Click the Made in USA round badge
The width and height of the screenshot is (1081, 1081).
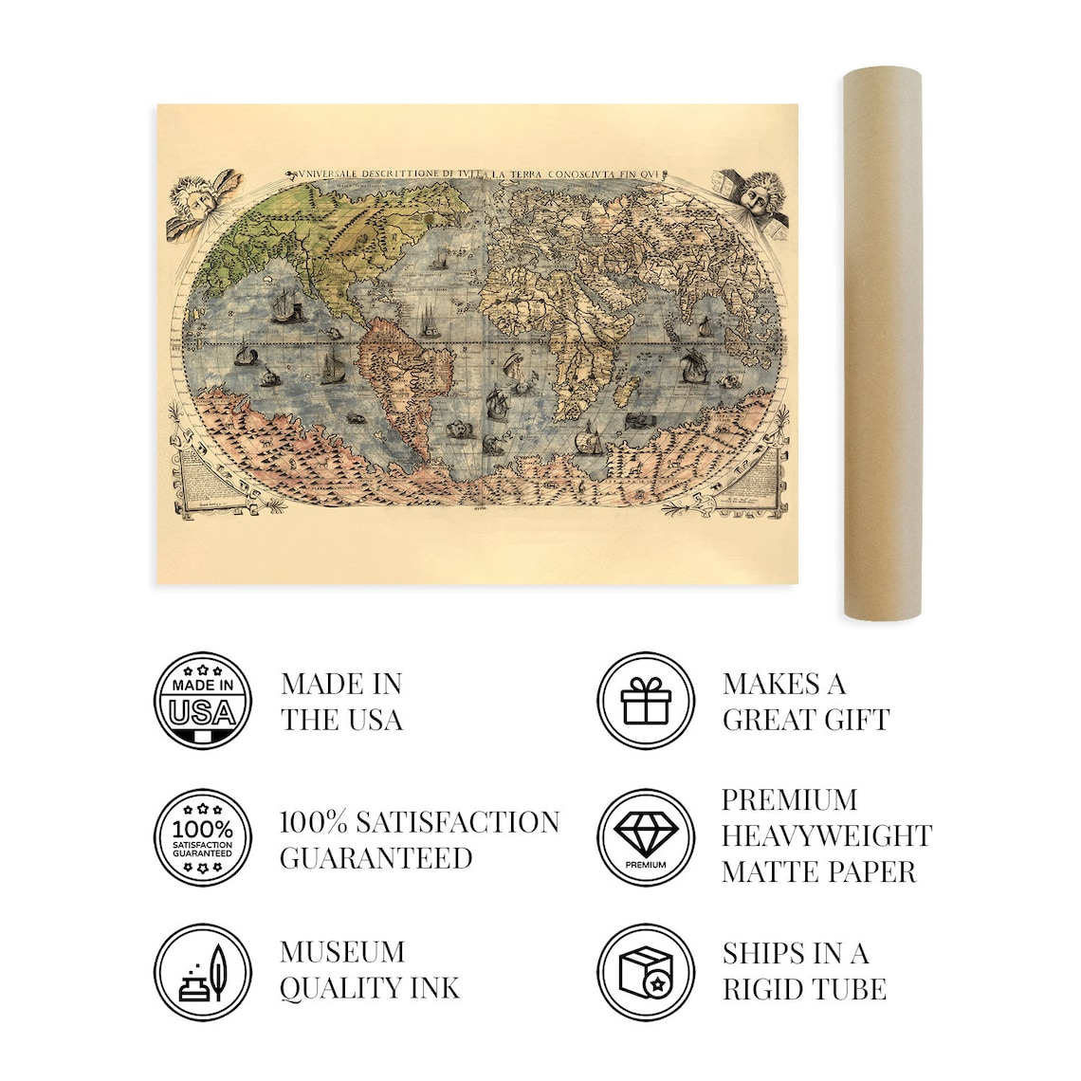coord(203,701)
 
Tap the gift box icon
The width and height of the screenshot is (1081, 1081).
coord(646,701)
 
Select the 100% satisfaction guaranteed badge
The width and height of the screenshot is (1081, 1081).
coord(203,838)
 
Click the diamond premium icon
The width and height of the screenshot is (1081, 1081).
coord(646,838)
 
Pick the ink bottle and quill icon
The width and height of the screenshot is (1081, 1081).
coord(203,973)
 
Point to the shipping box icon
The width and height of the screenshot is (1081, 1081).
coord(646,973)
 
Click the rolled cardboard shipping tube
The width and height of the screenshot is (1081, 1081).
coord(882,341)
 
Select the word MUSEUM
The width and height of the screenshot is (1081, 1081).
coord(342,952)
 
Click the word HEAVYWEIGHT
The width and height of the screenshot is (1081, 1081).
coord(827,836)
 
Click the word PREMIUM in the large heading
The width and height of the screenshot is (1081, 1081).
coord(789,800)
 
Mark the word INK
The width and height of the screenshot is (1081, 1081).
coord(435,989)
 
